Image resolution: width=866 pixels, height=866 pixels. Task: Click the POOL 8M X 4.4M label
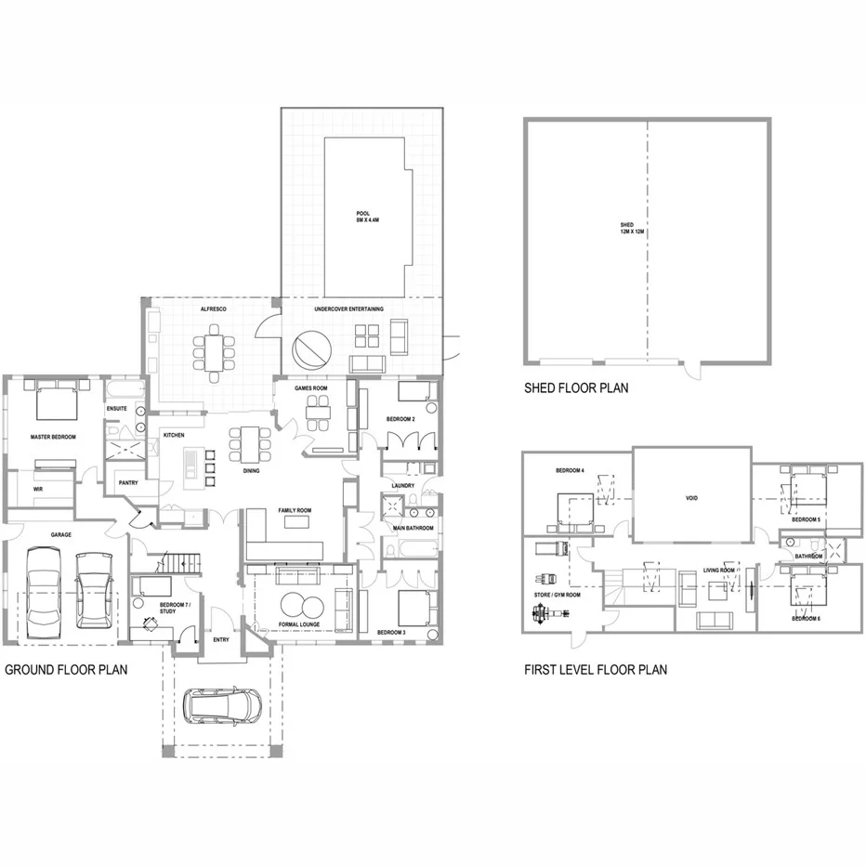tap(363, 216)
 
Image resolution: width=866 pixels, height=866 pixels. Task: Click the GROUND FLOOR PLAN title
tap(66, 669)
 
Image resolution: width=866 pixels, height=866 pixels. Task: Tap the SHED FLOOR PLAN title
tap(575, 387)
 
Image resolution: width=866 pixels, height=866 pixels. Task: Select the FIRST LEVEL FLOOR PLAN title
tap(595, 669)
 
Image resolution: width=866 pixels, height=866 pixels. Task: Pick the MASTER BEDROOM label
tap(53, 437)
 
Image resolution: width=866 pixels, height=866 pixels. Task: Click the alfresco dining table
tap(215, 352)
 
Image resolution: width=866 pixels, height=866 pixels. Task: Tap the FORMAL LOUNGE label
tap(298, 624)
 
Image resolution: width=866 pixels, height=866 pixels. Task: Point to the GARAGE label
tap(61, 535)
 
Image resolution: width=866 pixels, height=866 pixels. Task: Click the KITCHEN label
tap(175, 435)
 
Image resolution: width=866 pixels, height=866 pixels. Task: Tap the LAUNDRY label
tap(402, 485)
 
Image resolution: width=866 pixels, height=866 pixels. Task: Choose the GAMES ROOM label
tap(311, 387)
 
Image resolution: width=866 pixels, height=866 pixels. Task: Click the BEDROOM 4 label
tap(570, 470)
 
